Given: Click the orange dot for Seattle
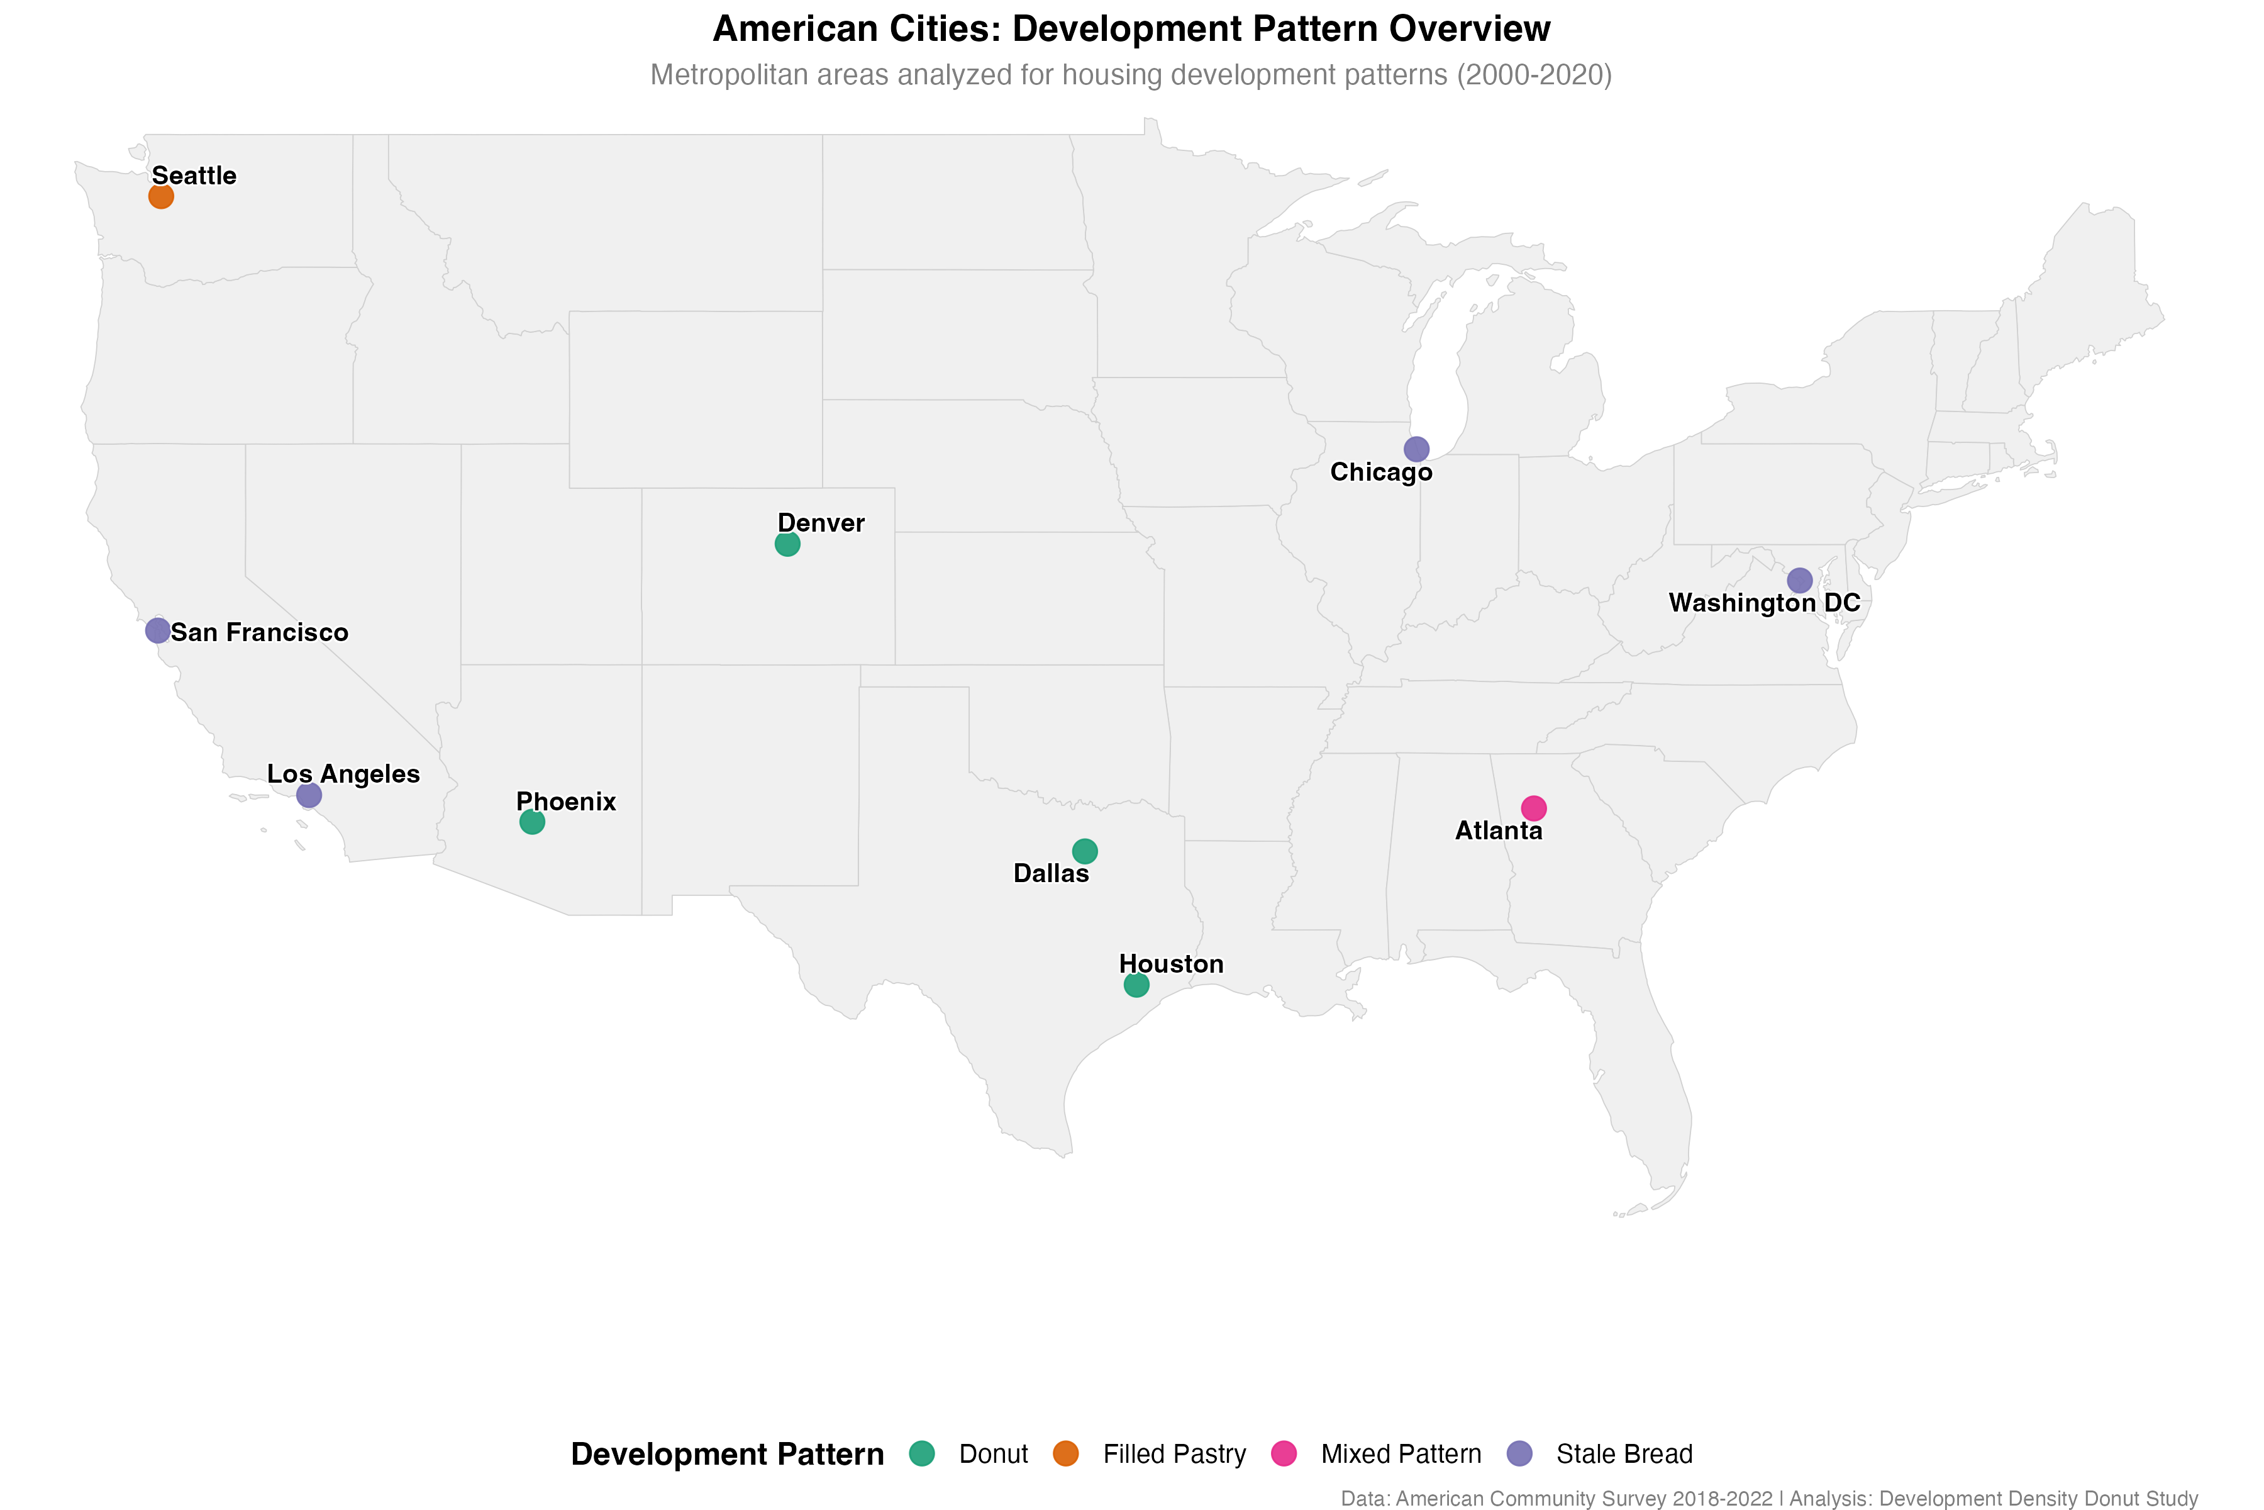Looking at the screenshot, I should pyautogui.click(x=161, y=196).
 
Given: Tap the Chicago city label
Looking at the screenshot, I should pyautogui.click(x=1380, y=472).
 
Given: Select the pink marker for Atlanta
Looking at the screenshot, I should pyautogui.click(x=1533, y=808).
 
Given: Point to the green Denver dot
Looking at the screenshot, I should pyautogui.click(x=787, y=544).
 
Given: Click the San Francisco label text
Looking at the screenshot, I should pyautogui.click(x=259, y=633).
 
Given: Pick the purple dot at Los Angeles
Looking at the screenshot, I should pyautogui.click(x=308, y=795).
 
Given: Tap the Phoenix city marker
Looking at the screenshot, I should pyautogui.click(x=531, y=822).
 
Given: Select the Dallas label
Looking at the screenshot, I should pyautogui.click(x=1050, y=873).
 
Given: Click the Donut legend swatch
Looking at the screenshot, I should pyautogui.click(x=921, y=1453).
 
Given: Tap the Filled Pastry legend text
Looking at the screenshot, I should pyautogui.click(x=1174, y=1454).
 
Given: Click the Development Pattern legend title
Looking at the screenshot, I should pyautogui.click(x=727, y=1454).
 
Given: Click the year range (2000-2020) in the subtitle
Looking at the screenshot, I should pyautogui.click(x=1533, y=75).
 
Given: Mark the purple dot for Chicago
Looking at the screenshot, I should pyautogui.click(x=1416, y=449).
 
